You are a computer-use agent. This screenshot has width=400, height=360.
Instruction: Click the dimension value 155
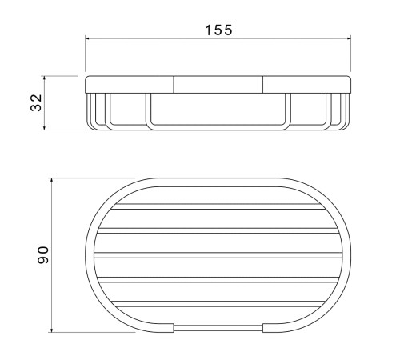click(x=218, y=30)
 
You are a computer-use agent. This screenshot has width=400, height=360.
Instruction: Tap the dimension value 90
click(x=44, y=256)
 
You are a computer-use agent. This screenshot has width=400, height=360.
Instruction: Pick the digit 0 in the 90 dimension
click(x=44, y=250)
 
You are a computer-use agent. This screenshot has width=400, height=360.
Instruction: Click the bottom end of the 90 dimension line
click(x=52, y=332)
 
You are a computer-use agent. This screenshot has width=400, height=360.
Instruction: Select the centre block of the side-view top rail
click(x=218, y=85)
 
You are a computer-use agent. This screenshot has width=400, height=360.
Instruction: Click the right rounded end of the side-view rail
click(x=350, y=85)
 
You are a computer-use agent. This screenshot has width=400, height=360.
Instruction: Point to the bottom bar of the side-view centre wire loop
click(x=218, y=127)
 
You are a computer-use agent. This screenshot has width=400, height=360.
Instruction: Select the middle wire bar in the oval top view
click(x=218, y=258)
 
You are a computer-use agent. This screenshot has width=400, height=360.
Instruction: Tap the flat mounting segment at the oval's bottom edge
click(x=218, y=328)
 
